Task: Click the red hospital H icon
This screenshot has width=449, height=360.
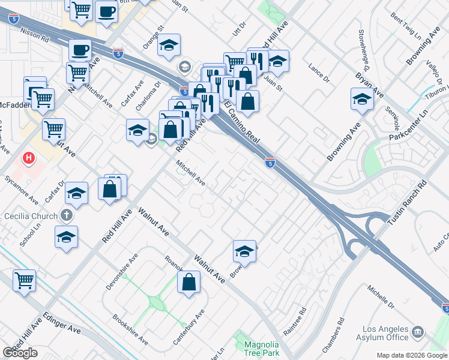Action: (28, 158)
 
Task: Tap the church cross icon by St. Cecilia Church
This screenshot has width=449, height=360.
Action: (67, 215)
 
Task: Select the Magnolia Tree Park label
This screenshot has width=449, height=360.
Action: (261, 349)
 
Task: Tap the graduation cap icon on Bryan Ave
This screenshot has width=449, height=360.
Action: (362, 99)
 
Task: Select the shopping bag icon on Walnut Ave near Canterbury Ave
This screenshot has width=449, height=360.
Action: (188, 282)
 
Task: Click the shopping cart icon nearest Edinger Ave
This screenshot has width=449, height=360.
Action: (24, 279)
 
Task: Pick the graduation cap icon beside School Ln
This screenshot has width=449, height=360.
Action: (66, 236)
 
